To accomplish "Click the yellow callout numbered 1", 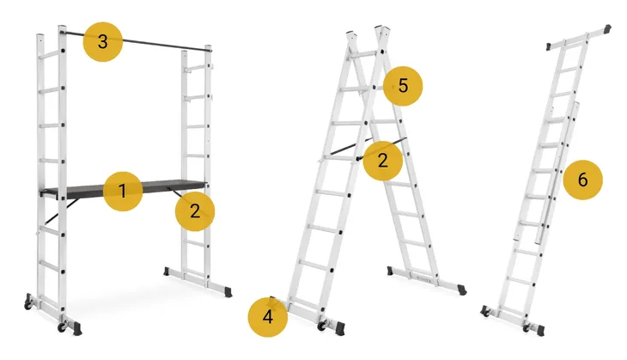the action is pyautogui.click(x=123, y=192).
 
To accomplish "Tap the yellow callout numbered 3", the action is pyautogui.click(x=103, y=41).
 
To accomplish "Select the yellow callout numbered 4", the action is pyautogui.click(x=267, y=317).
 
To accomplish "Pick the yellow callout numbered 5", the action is pyautogui.click(x=403, y=86).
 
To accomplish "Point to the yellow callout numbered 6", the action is pyautogui.click(x=582, y=180).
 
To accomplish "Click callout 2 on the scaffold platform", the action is pyautogui.click(x=195, y=211).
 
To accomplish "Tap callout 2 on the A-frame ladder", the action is pyautogui.click(x=383, y=161).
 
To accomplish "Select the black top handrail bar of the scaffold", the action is pyautogui.click(x=136, y=40).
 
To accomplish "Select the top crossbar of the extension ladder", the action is pyautogui.click(x=579, y=38).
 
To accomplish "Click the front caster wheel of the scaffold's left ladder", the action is pyautogui.click(x=63, y=326).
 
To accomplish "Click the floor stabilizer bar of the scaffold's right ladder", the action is pyautogui.click(x=198, y=282).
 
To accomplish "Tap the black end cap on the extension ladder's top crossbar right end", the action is pyautogui.click(x=608, y=29).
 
